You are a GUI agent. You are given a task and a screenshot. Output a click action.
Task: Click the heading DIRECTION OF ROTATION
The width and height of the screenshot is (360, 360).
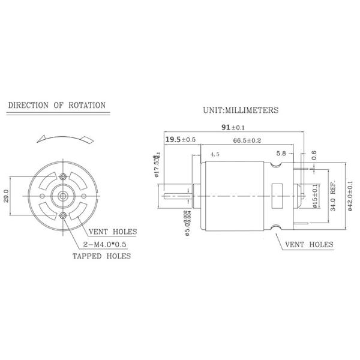(x=56, y=106)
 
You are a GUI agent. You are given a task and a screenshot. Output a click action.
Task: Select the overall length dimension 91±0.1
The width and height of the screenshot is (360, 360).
(x=234, y=127)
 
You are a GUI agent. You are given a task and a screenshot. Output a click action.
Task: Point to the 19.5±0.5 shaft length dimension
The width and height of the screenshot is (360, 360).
(x=181, y=139)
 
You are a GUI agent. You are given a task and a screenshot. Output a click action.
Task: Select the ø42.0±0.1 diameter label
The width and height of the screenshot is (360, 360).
(x=350, y=196)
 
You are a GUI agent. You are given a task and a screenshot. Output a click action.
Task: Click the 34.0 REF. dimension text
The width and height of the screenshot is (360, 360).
(x=333, y=196)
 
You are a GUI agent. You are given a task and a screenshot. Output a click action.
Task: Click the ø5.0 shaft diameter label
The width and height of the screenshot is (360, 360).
(x=188, y=223)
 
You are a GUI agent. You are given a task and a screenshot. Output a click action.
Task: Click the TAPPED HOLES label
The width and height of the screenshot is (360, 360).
(x=101, y=256)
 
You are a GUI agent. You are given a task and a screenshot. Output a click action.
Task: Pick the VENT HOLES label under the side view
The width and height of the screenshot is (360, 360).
(x=308, y=245)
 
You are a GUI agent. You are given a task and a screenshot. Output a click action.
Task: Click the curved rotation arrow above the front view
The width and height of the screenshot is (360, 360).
(x=63, y=137)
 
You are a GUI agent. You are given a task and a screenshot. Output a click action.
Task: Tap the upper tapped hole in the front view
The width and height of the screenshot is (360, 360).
(x=64, y=176)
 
